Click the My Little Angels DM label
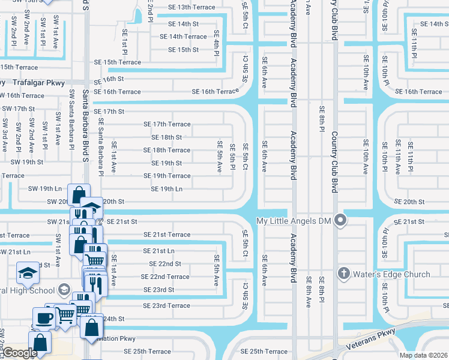(295, 220)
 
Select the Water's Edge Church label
(393, 274)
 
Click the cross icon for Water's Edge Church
(345, 274)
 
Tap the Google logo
(19, 353)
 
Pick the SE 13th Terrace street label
(187, 7)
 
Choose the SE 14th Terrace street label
(179, 37)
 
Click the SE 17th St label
(109, 112)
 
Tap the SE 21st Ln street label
(158, 251)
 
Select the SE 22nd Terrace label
(165, 277)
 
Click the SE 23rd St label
(158, 290)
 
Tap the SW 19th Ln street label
(45, 188)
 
